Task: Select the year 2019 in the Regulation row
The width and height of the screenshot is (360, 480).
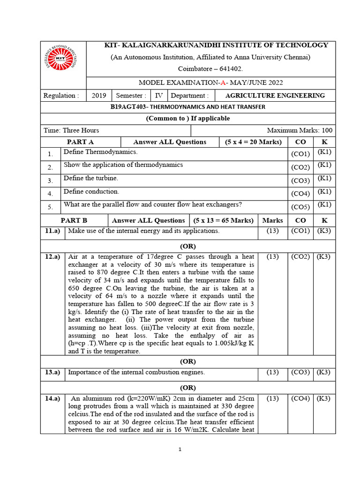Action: (x=99, y=96)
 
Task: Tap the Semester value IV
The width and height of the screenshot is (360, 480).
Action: (x=159, y=96)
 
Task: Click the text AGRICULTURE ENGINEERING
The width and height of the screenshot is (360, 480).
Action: (x=275, y=96)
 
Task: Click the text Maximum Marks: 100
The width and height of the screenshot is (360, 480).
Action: (x=300, y=130)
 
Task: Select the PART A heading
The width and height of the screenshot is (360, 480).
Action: (x=81, y=142)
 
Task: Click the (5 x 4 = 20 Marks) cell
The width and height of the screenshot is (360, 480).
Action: (x=253, y=142)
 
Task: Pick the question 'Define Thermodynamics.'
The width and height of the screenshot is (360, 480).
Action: (x=101, y=152)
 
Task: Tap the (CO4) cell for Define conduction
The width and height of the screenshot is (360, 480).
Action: (x=300, y=193)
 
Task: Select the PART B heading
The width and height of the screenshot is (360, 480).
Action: (x=74, y=220)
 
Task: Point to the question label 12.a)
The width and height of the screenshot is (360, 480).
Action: (x=52, y=257)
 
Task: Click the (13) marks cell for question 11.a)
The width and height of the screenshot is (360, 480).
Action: (x=273, y=231)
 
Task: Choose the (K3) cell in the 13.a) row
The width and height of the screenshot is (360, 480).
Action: (x=324, y=372)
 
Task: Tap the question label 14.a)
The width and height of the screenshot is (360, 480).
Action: (x=52, y=398)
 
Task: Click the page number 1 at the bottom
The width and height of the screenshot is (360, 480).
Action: (x=180, y=450)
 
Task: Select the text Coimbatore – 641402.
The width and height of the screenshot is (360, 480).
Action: (x=210, y=68)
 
